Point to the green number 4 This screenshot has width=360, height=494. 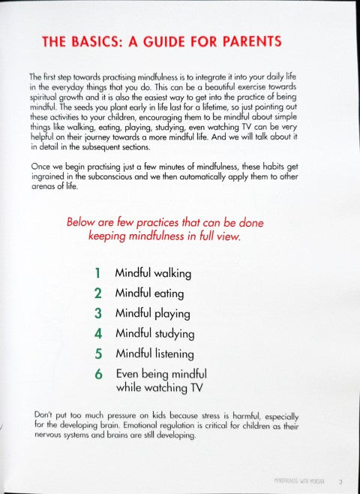tap(97, 333)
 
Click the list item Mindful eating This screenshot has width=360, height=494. tap(148, 294)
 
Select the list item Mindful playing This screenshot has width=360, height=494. tap(152, 314)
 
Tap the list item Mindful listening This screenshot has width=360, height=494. tap(154, 354)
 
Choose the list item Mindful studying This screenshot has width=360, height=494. tap(154, 333)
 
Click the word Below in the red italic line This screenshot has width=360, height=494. tap(82, 222)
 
